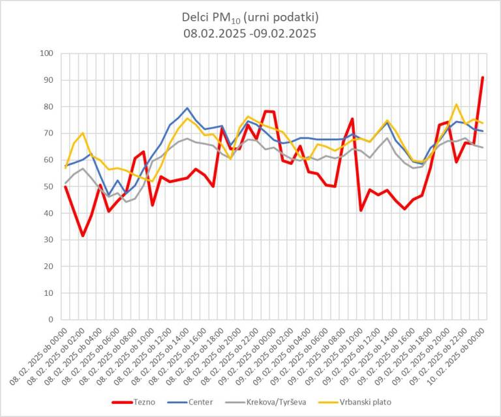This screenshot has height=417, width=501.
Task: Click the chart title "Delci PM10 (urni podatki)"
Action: (250, 18)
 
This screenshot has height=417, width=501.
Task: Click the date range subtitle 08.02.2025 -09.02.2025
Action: (250, 33)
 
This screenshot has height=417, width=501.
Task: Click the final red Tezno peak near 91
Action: (483, 78)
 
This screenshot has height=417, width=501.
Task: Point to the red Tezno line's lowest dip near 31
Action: (83, 235)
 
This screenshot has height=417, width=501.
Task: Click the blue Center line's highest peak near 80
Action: (187, 108)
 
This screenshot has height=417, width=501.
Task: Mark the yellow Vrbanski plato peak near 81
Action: (457, 104)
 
